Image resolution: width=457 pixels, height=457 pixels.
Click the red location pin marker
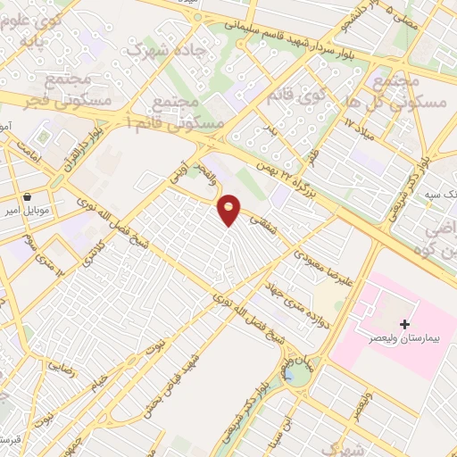(x=229, y=209)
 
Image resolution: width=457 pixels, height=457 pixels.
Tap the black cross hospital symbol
(x=406, y=322)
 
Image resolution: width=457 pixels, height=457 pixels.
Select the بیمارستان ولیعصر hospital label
(x=395, y=339)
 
